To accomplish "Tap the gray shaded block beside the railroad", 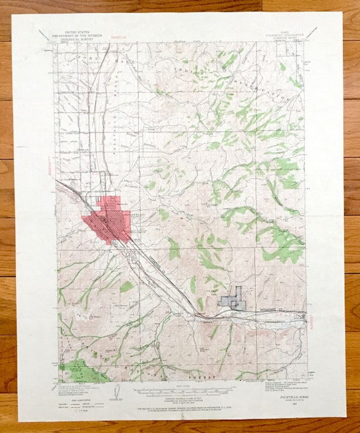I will click(233, 299).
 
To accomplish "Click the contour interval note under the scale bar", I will click(171, 398).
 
